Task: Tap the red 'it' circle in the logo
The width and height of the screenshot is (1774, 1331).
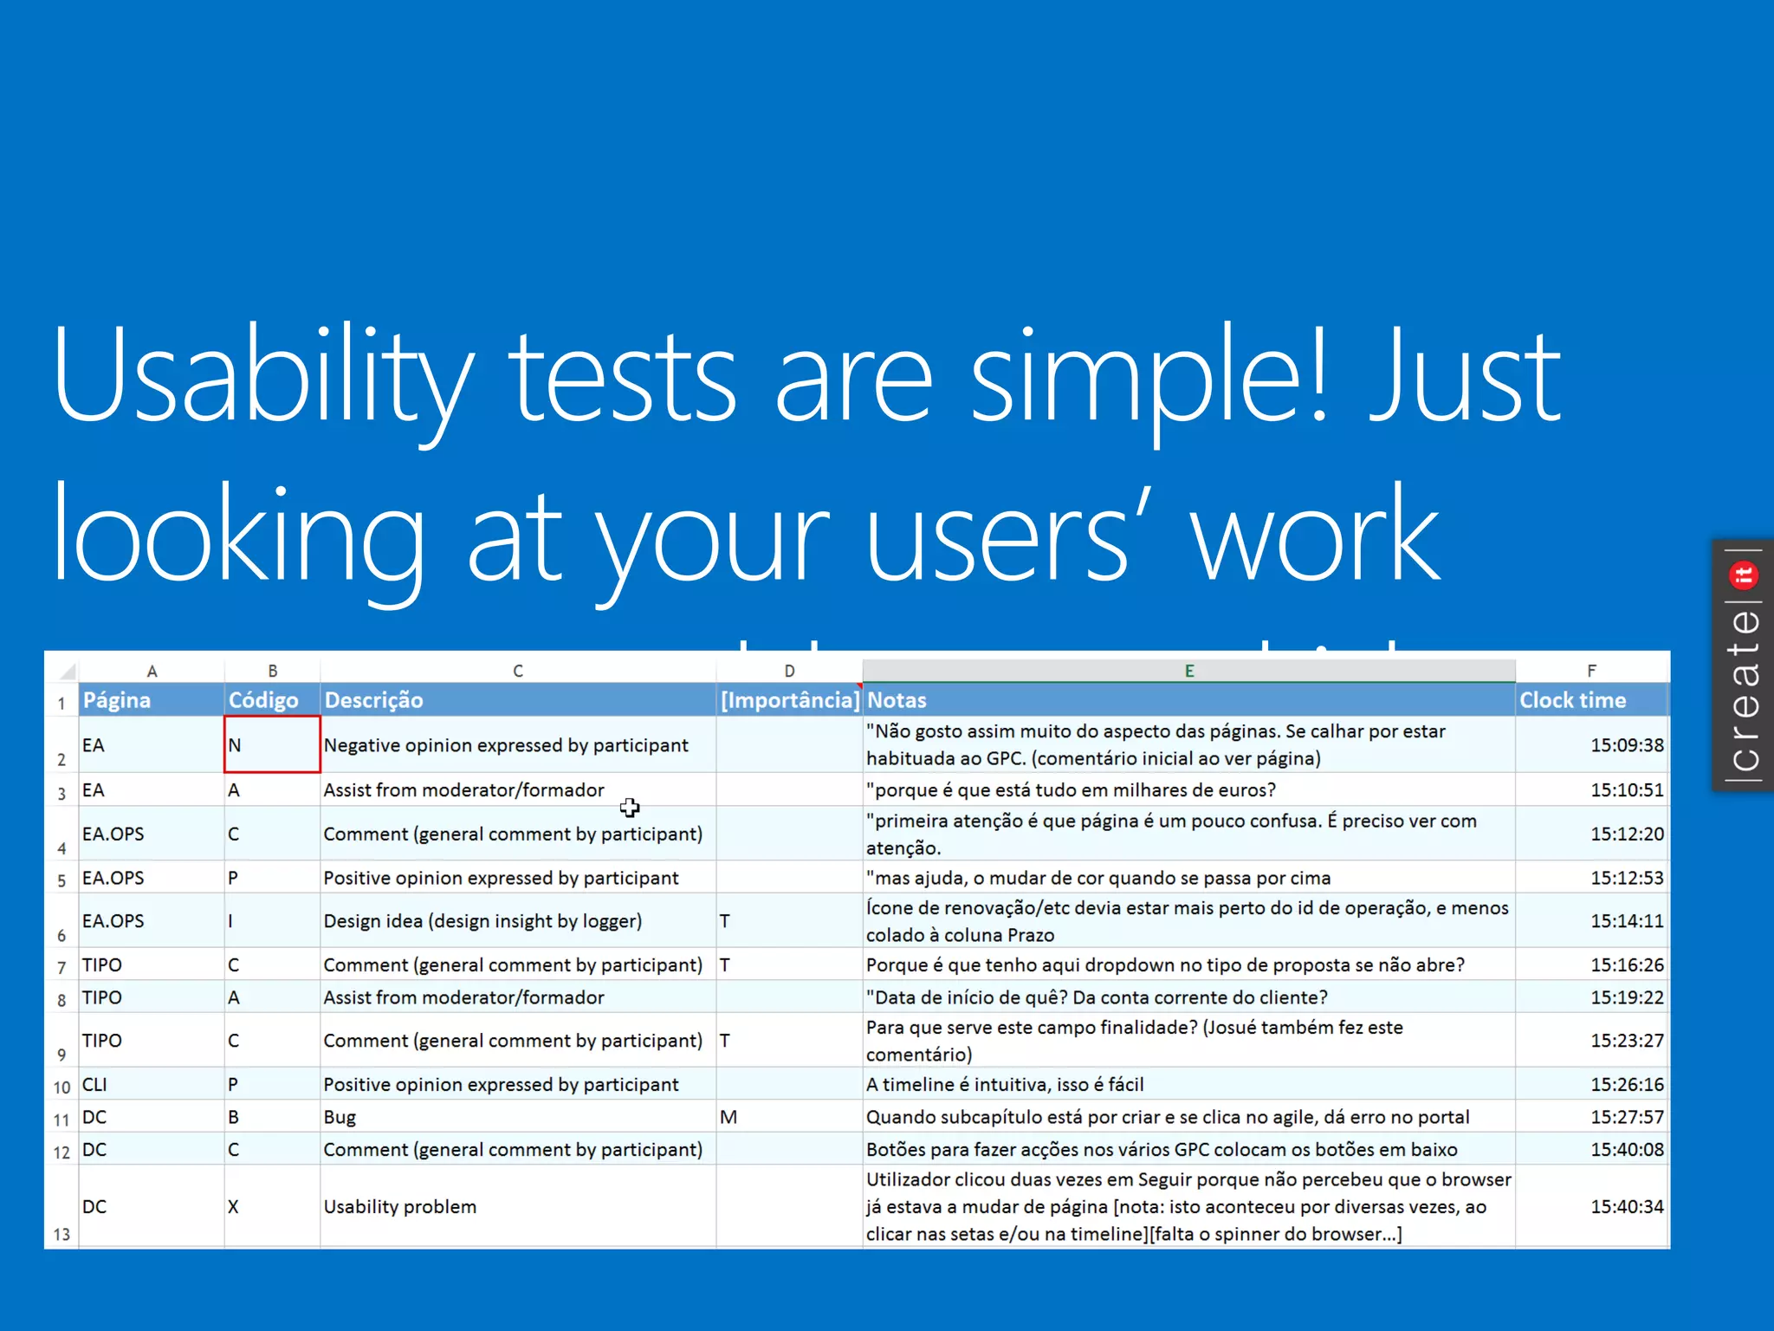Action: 1743,575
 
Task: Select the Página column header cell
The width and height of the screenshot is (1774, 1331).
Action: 151,700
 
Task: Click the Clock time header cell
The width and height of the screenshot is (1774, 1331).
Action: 1590,700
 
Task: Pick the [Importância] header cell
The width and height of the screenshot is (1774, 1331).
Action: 789,700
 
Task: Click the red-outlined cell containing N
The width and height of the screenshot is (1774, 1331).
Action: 271,745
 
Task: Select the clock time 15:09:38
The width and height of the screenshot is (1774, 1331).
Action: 1626,745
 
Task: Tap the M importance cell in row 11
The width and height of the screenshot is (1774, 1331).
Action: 728,1118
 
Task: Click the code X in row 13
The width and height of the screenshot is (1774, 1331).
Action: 234,1207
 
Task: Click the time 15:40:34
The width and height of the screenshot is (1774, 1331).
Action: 1626,1207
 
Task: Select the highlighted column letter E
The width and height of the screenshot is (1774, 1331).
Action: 1188,671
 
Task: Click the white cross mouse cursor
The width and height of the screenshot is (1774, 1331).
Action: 630,808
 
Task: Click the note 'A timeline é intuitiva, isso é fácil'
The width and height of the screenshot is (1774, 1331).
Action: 1005,1085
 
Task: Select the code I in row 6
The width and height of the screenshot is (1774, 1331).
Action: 231,921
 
